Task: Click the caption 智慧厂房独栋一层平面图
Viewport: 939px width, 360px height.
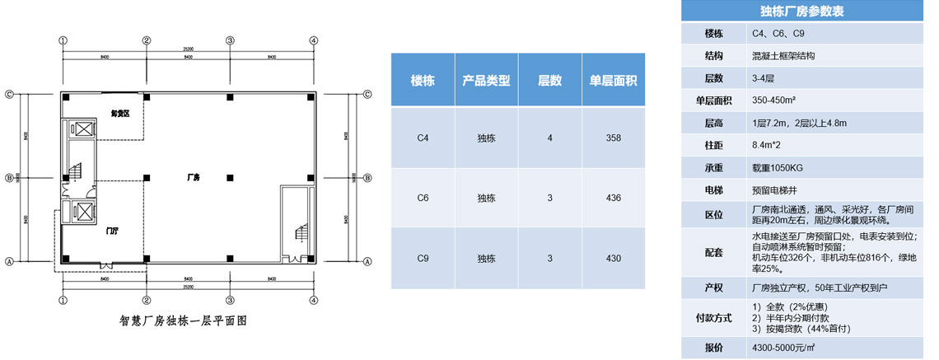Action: [184, 322]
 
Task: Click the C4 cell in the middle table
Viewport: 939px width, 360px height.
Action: [423, 138]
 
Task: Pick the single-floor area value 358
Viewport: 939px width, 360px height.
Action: [613, 138]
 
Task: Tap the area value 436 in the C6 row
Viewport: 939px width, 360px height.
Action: [613, 198]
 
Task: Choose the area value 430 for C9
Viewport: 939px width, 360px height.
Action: [613, 258]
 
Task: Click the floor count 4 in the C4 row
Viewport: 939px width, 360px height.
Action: [549, 138]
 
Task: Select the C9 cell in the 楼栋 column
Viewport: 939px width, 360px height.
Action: [423, 258]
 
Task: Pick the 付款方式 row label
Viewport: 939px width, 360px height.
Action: [714, 317]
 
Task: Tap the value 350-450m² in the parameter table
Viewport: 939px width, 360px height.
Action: [773, 101]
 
